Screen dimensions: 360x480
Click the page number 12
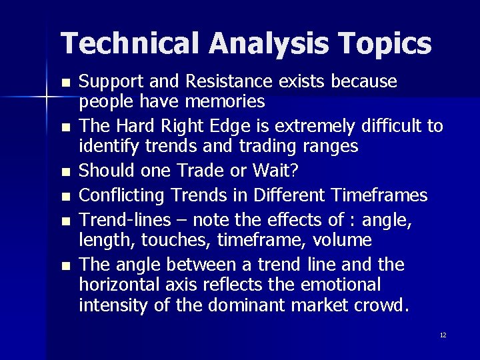(x=443, y=335)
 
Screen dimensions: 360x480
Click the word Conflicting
(x=125, y=195)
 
